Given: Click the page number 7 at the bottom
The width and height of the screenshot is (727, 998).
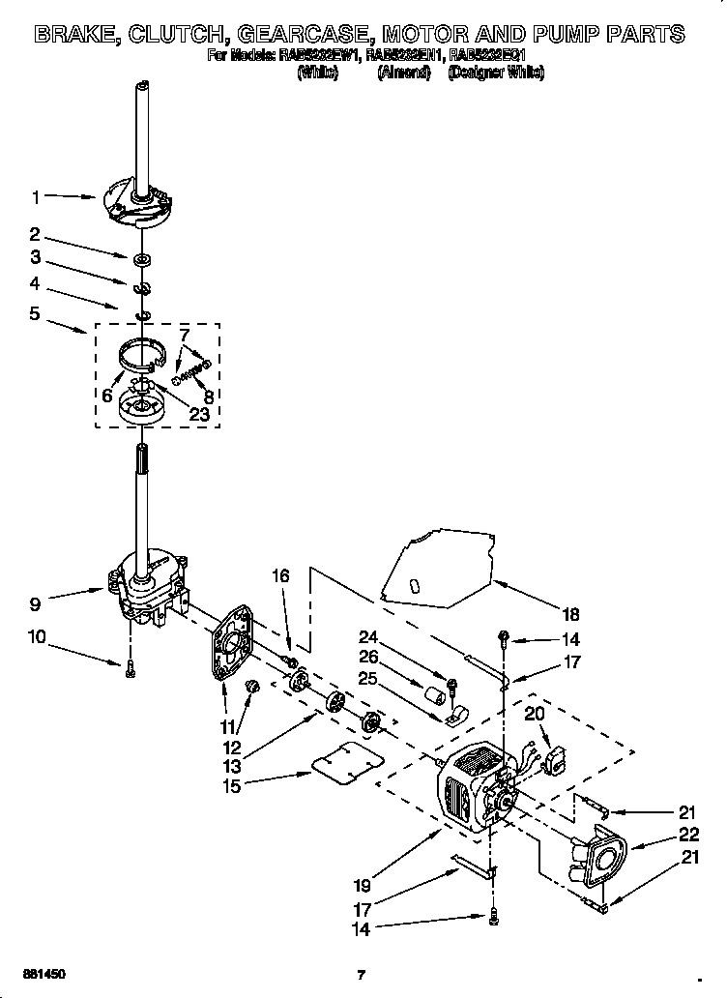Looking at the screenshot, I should pyautogui.click(x=360, y=974).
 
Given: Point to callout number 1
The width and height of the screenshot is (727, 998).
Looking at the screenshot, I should pyautogui.click(x=36, y=197).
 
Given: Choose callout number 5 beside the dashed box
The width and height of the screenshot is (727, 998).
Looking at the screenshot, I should pyautogui.click(x=36, y=313).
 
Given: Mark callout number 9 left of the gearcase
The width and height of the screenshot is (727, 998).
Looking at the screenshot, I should pyautogui.click(x=36, y=604).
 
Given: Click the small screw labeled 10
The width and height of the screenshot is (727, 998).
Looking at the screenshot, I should pyautogui.click(x=130, y=665).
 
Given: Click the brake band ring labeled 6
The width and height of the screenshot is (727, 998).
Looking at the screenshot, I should pyautogui.click(x=135, y=355).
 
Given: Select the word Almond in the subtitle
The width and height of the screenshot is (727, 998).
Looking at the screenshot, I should pyautogui.click(x=403, y=73).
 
